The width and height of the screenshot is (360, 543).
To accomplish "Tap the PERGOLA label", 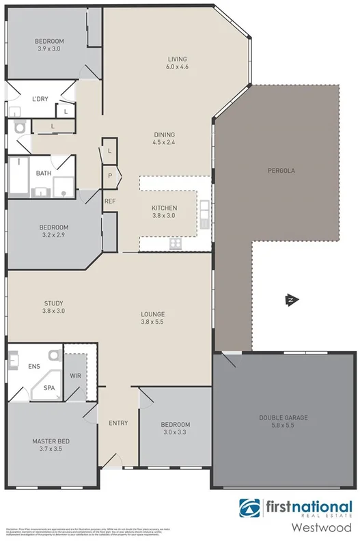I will point(281,170).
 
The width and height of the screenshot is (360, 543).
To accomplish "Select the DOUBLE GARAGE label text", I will point(283,417).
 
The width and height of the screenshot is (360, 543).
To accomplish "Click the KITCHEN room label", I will point(165,208).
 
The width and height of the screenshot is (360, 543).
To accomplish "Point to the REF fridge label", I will point(109,201).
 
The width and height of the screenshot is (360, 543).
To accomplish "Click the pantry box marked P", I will point(109,176).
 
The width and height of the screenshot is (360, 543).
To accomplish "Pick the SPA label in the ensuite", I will point(49,387).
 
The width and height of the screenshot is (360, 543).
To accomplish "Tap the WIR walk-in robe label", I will point(76,376).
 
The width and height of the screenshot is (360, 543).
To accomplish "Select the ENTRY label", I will point(118,423).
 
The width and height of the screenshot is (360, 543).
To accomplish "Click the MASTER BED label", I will point(51,441).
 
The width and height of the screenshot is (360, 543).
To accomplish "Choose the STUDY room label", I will point(54,303).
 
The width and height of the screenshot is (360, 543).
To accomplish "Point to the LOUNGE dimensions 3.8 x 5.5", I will point(152,322).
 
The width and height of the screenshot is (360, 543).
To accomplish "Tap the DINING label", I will point(164,134).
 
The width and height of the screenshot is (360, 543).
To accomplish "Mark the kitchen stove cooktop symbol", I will point(175,244).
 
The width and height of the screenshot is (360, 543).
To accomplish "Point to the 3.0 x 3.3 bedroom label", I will point(175,432).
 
